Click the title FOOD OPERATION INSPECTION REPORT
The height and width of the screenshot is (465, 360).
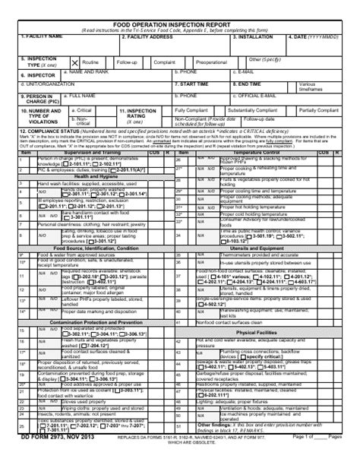point(179,24)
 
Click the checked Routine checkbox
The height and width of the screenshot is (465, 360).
point(75,61)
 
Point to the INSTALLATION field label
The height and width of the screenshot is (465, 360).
point(257,36)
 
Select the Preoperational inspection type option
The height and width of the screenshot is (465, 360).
point(210,61)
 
